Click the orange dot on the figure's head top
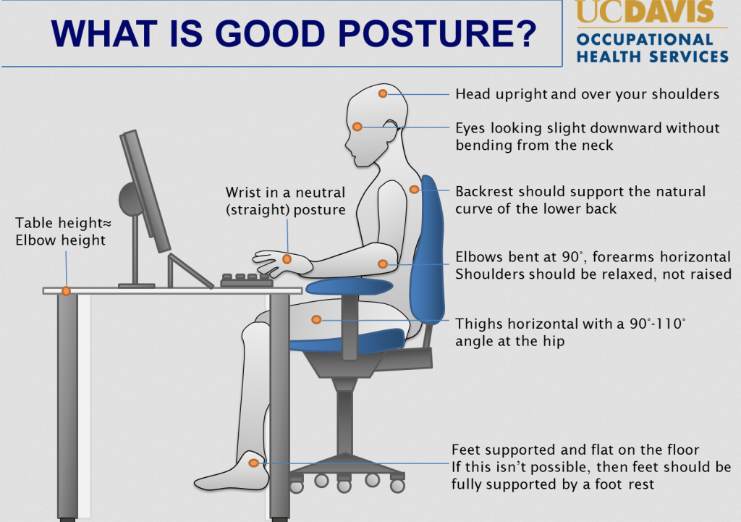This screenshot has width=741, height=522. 383,93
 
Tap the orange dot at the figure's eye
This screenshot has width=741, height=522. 357,127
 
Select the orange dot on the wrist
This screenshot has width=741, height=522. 287,259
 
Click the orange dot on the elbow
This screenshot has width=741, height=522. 383,264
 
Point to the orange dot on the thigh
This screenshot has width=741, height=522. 316,320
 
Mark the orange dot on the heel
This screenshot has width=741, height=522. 254,463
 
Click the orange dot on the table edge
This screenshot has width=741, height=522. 66,291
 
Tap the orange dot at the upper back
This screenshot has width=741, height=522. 414,190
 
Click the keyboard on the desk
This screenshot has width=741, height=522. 247,280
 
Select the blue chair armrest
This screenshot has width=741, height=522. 350,287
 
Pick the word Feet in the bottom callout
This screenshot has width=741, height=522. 464,450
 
